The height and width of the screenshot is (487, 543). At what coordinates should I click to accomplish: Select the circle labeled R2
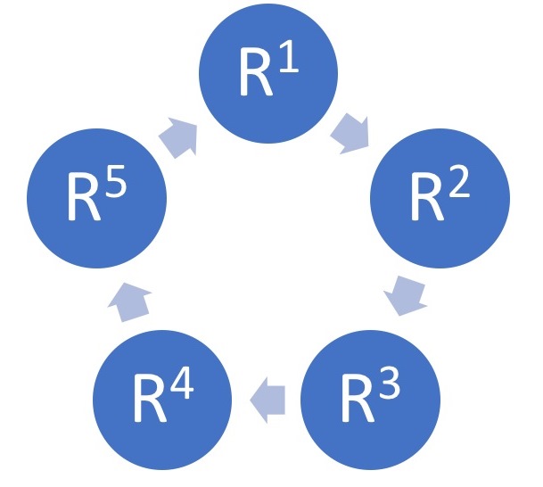[x=440, y=201]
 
